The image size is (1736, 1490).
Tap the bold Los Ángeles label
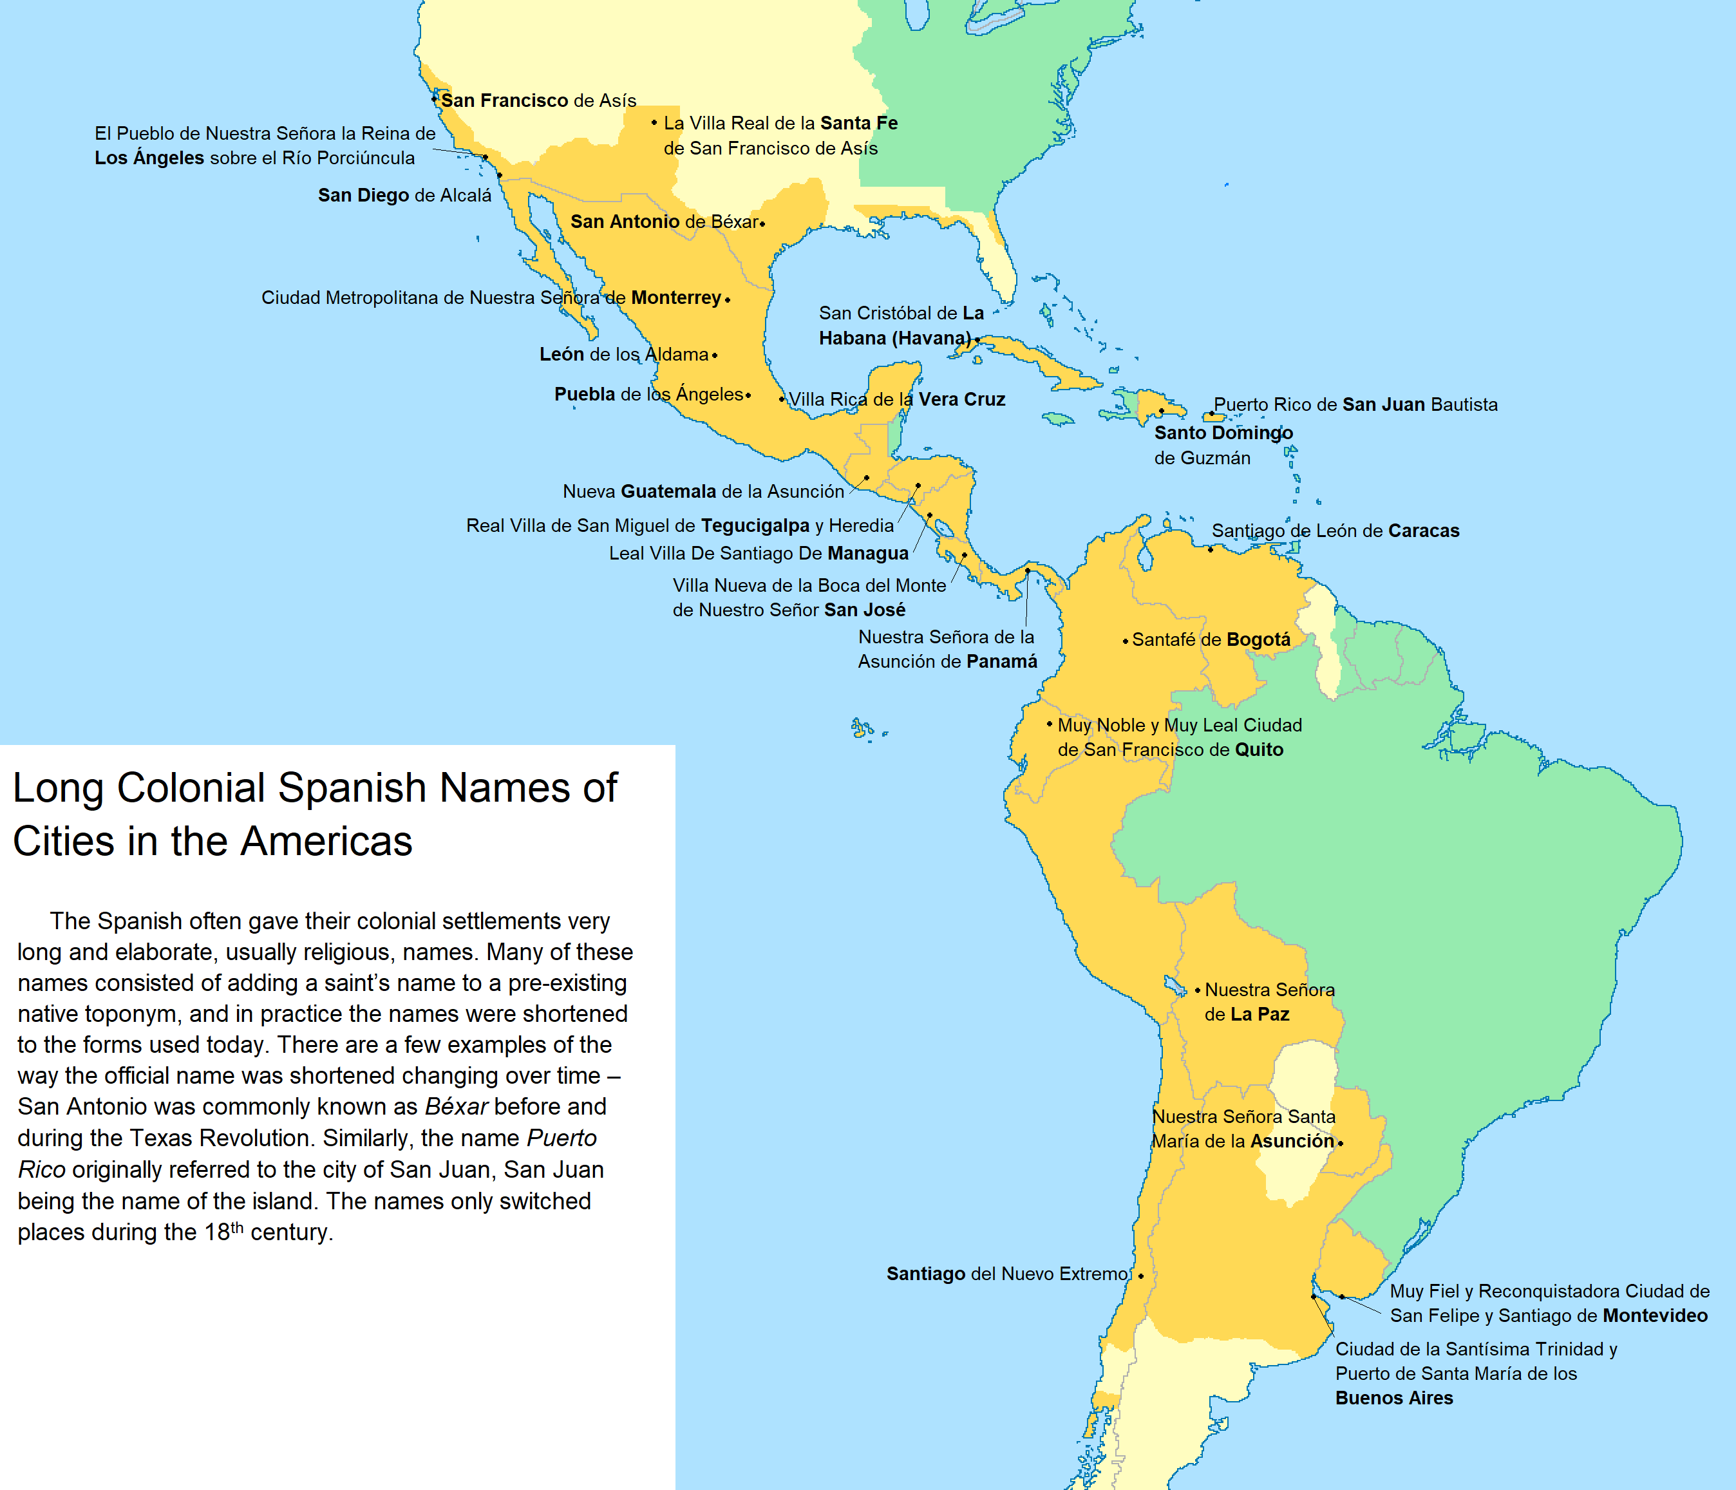(x=149, y=158)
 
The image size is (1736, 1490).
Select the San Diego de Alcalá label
(x=404, y=195)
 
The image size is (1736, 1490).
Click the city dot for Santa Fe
(x=654, y=123)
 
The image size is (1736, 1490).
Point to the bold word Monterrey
(x=675, y=297)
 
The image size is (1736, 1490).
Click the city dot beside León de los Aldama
(x=715, y=355)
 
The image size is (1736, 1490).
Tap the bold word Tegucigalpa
(x=755, y=525)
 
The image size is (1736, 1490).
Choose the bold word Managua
(x=868, y=553)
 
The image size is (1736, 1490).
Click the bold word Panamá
(x=1001, y=661)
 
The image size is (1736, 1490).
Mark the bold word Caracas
(x=1424, y=531)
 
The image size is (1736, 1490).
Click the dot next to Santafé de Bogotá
(x=1125, y=641)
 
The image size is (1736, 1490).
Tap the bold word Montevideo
(x=1655, y=1316)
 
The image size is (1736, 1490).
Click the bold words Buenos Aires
(x=1394, y=1398)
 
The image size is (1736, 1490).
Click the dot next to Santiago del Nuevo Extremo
(x=1140, y=1276)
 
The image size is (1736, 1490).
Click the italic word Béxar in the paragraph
(x=456, y=1106)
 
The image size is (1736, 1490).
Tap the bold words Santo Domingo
(x=1223, y=433)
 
